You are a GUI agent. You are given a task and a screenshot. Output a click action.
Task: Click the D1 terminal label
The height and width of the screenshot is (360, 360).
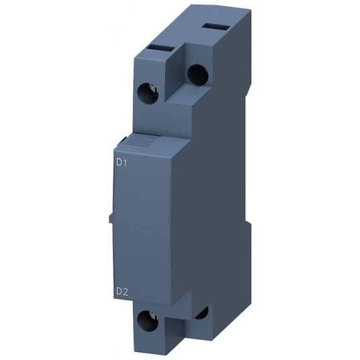point(122,162)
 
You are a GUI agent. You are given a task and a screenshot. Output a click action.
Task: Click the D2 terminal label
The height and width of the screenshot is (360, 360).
point(122,291)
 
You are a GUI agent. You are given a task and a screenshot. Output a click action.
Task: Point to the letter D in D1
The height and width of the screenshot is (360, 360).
point(118,162)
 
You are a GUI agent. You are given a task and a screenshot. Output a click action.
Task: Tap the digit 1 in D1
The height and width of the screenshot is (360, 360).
point(126,162)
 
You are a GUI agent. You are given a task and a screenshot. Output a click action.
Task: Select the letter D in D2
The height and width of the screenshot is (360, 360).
point(118,291)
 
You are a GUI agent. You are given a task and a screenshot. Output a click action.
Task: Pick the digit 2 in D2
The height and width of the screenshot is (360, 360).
point(126,291)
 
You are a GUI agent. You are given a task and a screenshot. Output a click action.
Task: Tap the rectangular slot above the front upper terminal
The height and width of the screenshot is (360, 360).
point(161,49)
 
